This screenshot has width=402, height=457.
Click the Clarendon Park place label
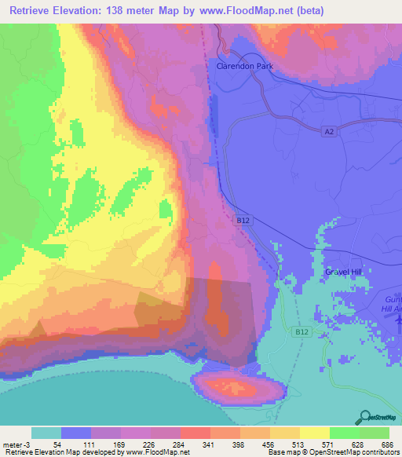[x=244, y=67]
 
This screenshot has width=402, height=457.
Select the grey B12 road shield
[x=243, y=222]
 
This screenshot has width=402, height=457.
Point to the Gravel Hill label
[x=346, y=272]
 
